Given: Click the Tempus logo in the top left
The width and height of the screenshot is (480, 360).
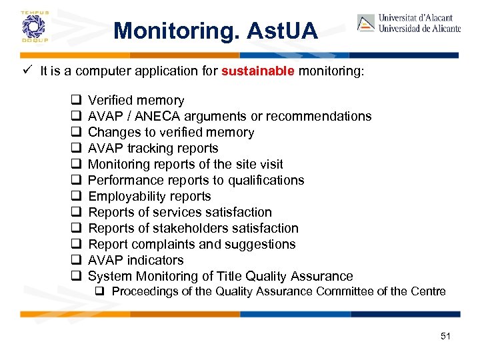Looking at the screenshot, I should [x=31, y=27].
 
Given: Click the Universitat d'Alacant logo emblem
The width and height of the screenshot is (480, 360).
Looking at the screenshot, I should [x=365, y=23].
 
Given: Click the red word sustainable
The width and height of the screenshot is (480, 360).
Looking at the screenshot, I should [x=258, y=71].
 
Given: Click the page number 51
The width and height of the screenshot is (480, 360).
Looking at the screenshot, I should [x=445, y=336].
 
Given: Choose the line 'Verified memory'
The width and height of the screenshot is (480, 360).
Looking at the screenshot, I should [x=136, y=101].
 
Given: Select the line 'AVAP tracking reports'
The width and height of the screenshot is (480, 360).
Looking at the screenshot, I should [x=153, y=149].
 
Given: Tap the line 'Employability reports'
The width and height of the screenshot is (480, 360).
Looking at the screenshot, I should [x=149, y=197].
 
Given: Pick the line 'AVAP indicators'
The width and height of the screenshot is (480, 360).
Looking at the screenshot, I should [x=136, y=261].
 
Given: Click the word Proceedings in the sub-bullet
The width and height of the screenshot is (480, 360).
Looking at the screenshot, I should [x=139, y=291].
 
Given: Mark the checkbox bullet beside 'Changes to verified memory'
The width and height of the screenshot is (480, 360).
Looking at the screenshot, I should [x=76, y=133].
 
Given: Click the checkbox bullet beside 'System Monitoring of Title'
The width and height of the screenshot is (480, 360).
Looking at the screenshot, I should [x=76, y=276].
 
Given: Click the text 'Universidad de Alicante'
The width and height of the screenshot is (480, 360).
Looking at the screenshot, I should [x=419, y=29].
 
